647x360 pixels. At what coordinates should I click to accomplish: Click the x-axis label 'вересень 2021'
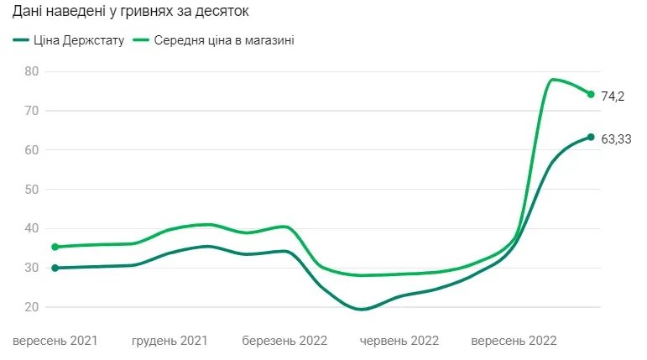[x=55, y=342]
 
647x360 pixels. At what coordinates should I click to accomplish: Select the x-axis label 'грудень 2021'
[x=170, y=342]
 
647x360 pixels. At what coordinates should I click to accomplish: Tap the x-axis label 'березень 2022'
[x=284, y=342]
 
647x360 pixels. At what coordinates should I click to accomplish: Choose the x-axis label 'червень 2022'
[x=399, y=342]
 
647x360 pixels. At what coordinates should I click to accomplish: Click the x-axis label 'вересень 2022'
[x=514, y=342]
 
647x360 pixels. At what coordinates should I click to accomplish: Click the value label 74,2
[x=613, y=97]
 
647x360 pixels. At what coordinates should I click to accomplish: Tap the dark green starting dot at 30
[x=55, y=268]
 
